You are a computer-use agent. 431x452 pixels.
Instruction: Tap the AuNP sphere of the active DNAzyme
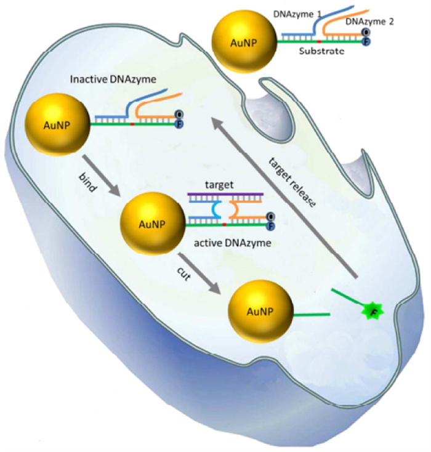[x=150, y=217]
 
